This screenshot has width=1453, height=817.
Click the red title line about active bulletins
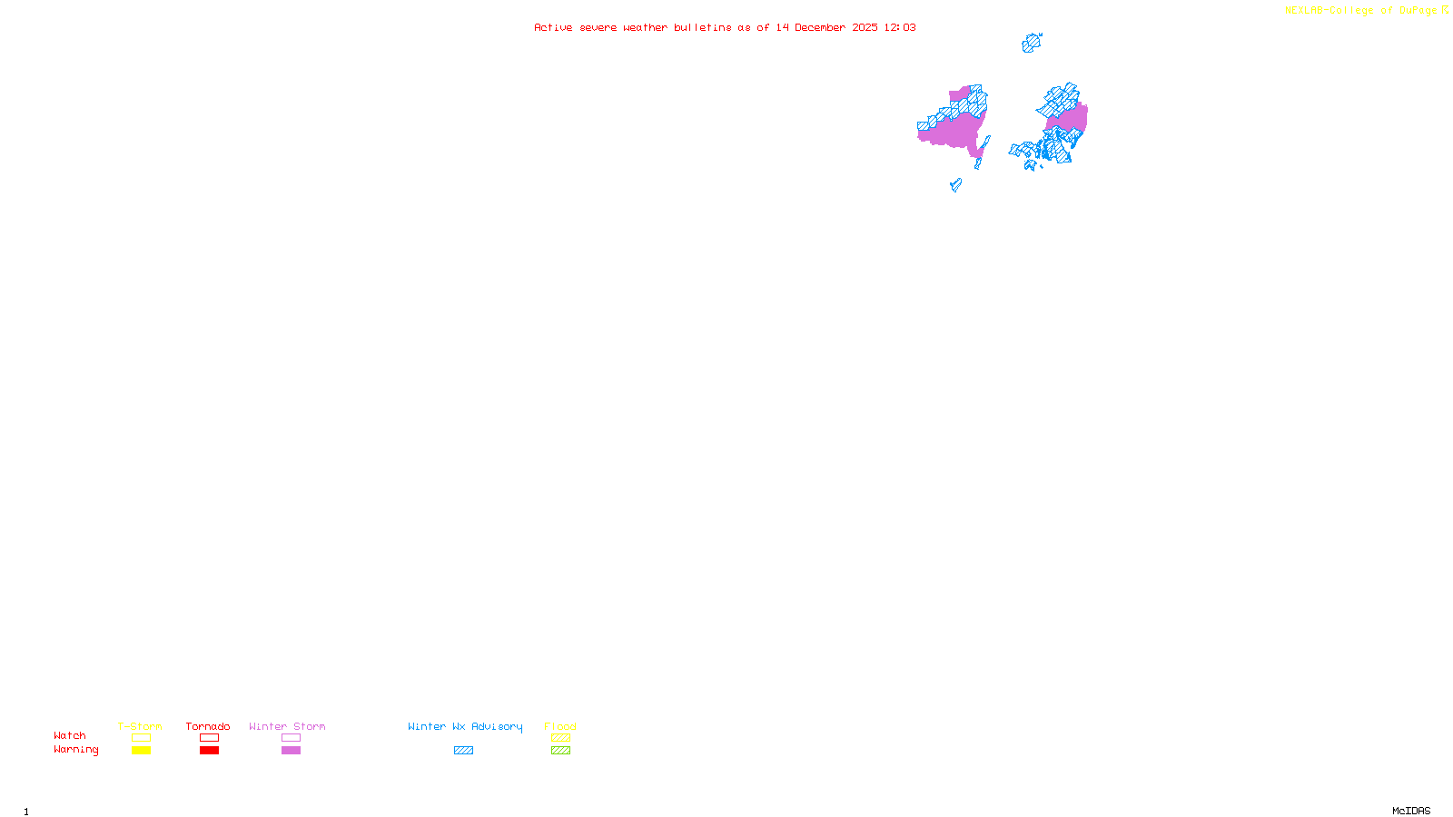(x=725, y=28)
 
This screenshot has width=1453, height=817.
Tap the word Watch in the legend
(x=70, y=736)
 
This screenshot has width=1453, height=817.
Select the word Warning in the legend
(x=76, y=750)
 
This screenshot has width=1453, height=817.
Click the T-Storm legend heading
(x=140, y=726)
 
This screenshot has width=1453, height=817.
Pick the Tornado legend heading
(x=208, y=726)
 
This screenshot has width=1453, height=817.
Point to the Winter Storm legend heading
(x=287, y=726)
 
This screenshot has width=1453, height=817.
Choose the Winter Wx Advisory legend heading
(x=465, y=726)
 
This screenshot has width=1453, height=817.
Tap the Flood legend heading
(x=560, y=726)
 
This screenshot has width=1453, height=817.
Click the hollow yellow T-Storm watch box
(x=141, y=738)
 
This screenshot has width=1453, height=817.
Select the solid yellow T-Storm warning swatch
(x=141, y=751)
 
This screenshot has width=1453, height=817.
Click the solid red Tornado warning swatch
(x=209, y=751)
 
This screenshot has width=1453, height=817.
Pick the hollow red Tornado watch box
(x=209, y=738)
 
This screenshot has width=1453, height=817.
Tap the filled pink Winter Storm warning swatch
(x=291, y=751)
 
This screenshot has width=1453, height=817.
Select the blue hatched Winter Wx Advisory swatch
(x=463, y=751)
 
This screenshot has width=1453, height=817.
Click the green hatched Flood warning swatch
(x=560, y=751)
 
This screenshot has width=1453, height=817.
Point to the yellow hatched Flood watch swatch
(x=560, y=738)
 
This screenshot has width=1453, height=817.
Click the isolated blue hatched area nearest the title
(x=1031, y=43)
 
